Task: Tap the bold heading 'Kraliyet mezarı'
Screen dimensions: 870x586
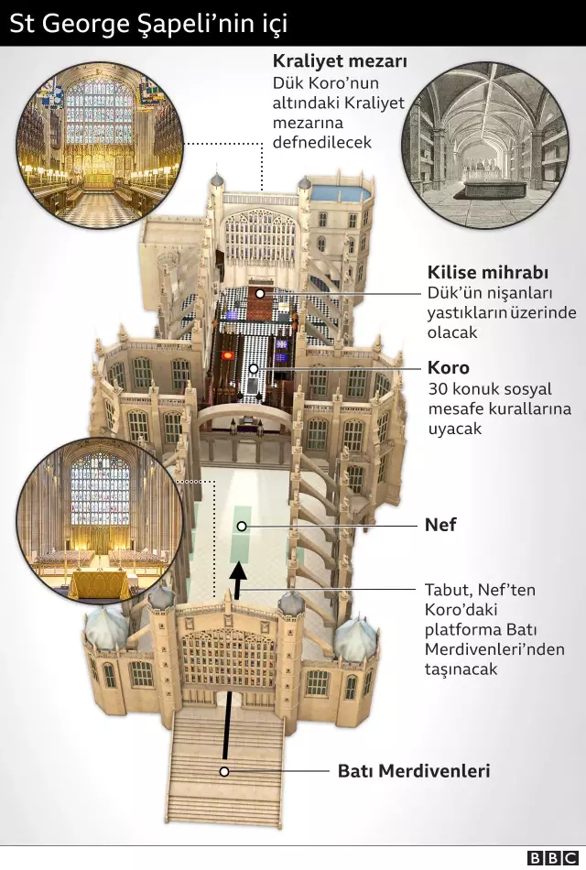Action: click(340, 61)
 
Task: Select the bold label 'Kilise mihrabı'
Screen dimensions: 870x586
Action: click(488, 273)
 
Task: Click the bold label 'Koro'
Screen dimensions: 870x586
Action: click(449, 367)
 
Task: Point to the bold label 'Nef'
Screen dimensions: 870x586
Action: click(440, 526)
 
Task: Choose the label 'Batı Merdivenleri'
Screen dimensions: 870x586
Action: click(414, 771)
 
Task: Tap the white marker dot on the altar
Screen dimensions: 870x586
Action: click(261, 293)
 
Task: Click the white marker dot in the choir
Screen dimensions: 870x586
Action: click(254, 368)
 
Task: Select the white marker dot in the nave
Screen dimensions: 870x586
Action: click(242, 526)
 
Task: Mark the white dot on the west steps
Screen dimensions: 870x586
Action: click(223, 771)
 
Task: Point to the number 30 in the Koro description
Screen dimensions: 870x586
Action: click(438, 389)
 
